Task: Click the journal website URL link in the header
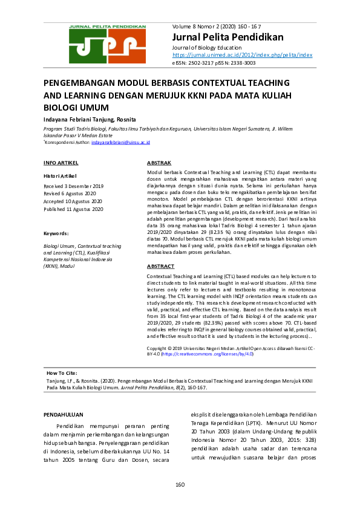pyautogui.click(x=242, y=54)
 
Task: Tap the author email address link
pyautogui.click(x=120, y=142)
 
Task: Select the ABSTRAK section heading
pyautogui.click(x=159, y=163)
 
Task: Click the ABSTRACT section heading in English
pyautogui.click(x=161, y=266)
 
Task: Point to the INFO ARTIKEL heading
pyautogui.click(x=61, y=163)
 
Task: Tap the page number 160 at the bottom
pyautogui.click(x=180, y=485)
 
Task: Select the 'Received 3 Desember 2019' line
pyautogui.click(x=74, y=186)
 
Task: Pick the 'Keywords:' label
pyautogui.click(x=56, y=233)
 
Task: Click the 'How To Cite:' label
pyautogui.click(x=63, y=374)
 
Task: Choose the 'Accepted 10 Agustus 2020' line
pyautogui.click(x=73, y=201)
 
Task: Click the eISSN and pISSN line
pyautogui.click(x=214, y=62)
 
